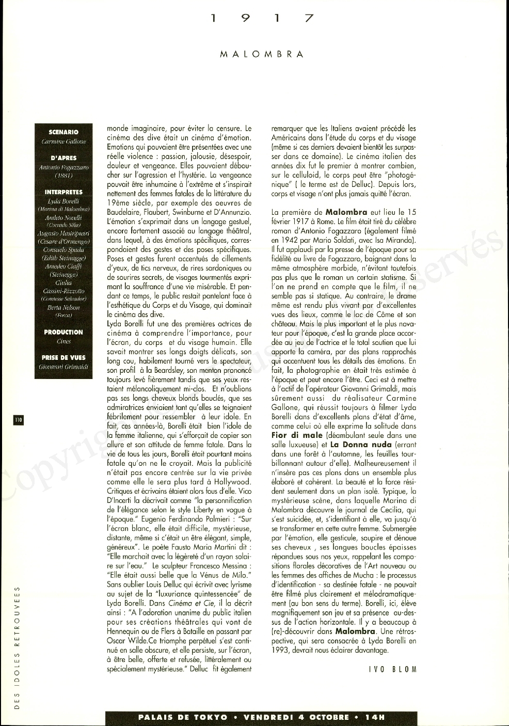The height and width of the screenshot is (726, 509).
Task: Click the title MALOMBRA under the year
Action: [262, 54]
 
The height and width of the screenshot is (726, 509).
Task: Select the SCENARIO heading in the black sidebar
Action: [63, 132]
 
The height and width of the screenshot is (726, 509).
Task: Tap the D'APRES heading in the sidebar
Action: [63, 158]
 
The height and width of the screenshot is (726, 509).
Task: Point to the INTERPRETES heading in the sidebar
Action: [63, 192]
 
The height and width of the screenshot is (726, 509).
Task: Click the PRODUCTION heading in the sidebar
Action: [63, 332]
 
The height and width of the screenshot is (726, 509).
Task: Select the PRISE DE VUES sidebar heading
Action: [63, 357]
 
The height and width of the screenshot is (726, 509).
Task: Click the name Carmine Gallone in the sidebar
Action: [63, 141]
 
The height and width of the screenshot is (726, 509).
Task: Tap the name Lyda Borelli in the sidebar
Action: [63, 201]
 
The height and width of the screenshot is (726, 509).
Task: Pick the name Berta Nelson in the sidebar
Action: [63, 307]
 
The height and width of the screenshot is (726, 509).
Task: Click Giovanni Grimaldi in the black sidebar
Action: [63, 367]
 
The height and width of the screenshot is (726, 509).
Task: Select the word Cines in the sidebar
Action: [63, 341]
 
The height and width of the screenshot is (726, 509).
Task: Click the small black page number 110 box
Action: [19, 420]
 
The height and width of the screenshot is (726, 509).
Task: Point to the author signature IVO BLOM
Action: [392, 669]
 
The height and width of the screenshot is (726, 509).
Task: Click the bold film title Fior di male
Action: [297, 435]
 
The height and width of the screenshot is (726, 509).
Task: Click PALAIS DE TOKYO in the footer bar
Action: [183, 717]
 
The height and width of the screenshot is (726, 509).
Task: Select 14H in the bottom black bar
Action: [375, 717]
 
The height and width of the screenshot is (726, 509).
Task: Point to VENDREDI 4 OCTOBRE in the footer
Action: [296, 717]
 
